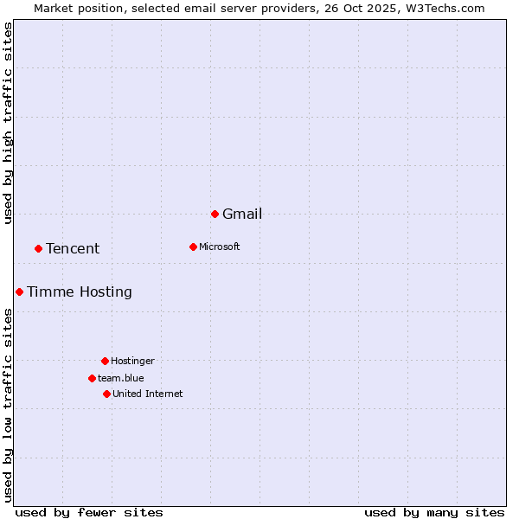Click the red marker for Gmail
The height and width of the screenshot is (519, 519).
(x=215, y=214)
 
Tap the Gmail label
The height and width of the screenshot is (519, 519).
(x=242, y=215)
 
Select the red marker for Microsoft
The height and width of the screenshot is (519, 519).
(x=193, y=247)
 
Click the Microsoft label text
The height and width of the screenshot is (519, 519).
(x=220, y=247)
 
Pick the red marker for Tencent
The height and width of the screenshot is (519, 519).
(x=38, y=248)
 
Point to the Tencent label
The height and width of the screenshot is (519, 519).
(x=73, y=249)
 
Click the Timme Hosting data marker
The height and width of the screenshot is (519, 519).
(x=19, y=292)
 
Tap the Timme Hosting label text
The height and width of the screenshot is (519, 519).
(x=80, y=292)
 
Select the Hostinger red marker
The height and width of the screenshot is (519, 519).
(x=105, y=361)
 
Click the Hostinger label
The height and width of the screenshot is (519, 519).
(x=132, y=362)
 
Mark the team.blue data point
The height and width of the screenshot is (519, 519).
(x=92, y=378)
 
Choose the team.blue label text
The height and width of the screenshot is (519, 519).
(x=121, y=379)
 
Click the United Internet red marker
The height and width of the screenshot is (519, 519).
(x=106, y=394)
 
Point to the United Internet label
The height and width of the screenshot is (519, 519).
(x=148, y=394)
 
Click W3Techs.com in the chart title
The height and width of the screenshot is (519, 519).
(x=447, y=9)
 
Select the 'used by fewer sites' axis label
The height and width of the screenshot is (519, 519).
(x=89, y=512)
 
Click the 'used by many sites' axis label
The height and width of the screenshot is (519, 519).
(x=434, y=512)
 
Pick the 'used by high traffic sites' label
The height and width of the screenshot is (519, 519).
(x=9, y=123)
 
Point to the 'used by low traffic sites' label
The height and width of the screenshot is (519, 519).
(x=9, y=404)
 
